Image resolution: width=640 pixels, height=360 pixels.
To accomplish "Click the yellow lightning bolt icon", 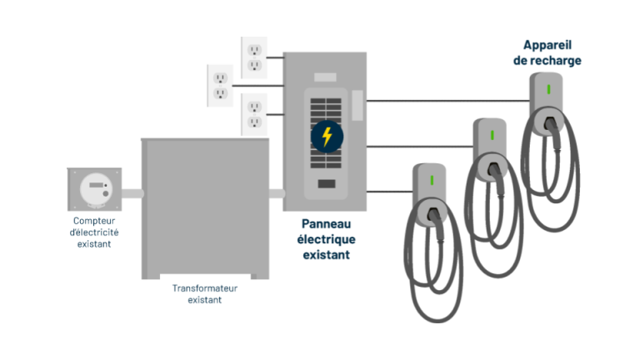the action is tap(327, 137).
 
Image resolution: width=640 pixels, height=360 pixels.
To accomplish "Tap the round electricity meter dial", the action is tap(96, 189).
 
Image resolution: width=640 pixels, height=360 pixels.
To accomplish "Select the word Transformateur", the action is tap(205, 288).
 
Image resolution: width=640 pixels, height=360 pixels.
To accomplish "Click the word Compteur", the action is tap(94, 221).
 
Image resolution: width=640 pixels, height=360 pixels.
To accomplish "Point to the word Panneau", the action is tap(326, 223).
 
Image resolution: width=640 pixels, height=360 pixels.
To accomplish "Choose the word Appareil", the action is tap(547, 45).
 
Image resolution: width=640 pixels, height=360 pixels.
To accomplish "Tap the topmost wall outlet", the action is tap(254, 57).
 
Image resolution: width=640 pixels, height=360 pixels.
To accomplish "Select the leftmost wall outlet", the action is tap(220, 86).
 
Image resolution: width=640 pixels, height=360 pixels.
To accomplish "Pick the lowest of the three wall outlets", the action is tap(254, 114).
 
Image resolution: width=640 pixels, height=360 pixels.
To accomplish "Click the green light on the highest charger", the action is tap(548, 89).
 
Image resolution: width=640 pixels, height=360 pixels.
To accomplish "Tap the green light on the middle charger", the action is tap(492, 135).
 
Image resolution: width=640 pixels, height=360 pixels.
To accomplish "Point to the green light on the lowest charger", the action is tap(432, 180).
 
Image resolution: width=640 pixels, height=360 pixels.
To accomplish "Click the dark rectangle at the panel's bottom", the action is tap(327, 183).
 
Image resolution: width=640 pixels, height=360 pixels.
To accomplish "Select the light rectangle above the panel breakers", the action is tap(325, 77).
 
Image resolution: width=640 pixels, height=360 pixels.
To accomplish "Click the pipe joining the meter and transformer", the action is tap(132, 193).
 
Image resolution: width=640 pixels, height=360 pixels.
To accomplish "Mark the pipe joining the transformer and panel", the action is tap(277, 193).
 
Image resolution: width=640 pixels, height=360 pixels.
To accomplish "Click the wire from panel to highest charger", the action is tap(448, 100).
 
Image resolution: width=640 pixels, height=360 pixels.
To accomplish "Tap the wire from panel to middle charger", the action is tap(420, 147).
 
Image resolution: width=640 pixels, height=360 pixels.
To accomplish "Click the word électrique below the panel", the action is tap(326, 239).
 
